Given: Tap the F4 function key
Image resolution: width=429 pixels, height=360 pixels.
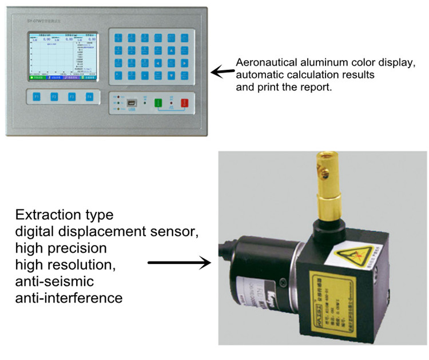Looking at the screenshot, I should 89,97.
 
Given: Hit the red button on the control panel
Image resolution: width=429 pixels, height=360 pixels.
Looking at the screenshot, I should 185,104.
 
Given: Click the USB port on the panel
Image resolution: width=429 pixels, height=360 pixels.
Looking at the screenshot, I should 132,104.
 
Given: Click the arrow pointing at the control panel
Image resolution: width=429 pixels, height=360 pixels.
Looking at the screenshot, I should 223,72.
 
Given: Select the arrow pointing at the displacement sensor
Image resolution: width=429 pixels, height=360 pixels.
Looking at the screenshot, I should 177,263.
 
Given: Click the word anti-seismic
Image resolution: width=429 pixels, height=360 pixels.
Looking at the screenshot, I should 55,282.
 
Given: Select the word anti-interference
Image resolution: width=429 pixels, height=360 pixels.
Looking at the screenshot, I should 69,298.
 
